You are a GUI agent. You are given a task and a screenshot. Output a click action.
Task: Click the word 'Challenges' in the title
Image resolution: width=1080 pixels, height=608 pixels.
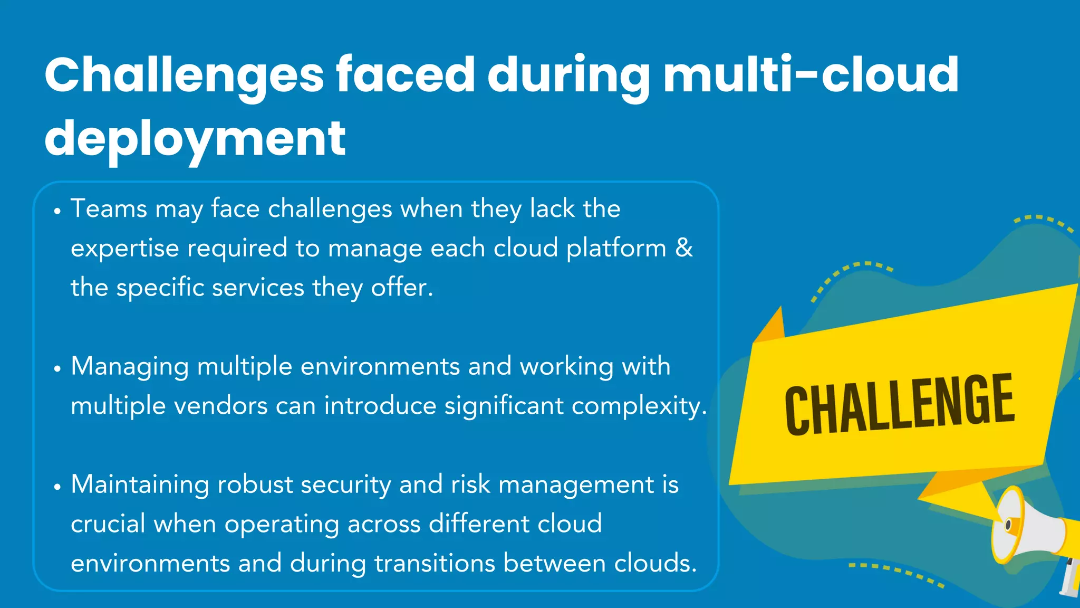pos(184,75)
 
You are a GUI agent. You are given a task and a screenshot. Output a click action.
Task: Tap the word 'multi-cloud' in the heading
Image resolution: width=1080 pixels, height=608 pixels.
pos(811,74)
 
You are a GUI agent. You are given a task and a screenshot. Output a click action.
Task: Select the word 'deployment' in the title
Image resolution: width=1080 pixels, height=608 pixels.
pos(195,138)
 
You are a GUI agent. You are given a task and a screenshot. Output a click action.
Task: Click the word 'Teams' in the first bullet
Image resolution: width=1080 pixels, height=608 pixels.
pos(109,208)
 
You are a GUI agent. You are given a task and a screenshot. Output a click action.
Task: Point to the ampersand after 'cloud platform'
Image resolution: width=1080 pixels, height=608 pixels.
pos(684,248)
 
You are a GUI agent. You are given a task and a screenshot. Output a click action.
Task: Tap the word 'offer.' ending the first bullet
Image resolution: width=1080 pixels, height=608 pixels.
pos(402,288)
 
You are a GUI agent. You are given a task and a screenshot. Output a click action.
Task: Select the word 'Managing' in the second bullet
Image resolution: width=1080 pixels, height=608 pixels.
pos(130,367)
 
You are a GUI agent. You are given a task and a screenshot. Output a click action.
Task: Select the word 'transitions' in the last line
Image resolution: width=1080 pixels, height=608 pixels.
pos(435,563)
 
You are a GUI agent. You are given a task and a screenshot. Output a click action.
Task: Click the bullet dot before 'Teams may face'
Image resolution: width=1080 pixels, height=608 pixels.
pos(57,212)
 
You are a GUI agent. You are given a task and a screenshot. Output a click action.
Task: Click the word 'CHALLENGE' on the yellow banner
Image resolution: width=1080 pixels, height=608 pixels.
pos(899,404)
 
